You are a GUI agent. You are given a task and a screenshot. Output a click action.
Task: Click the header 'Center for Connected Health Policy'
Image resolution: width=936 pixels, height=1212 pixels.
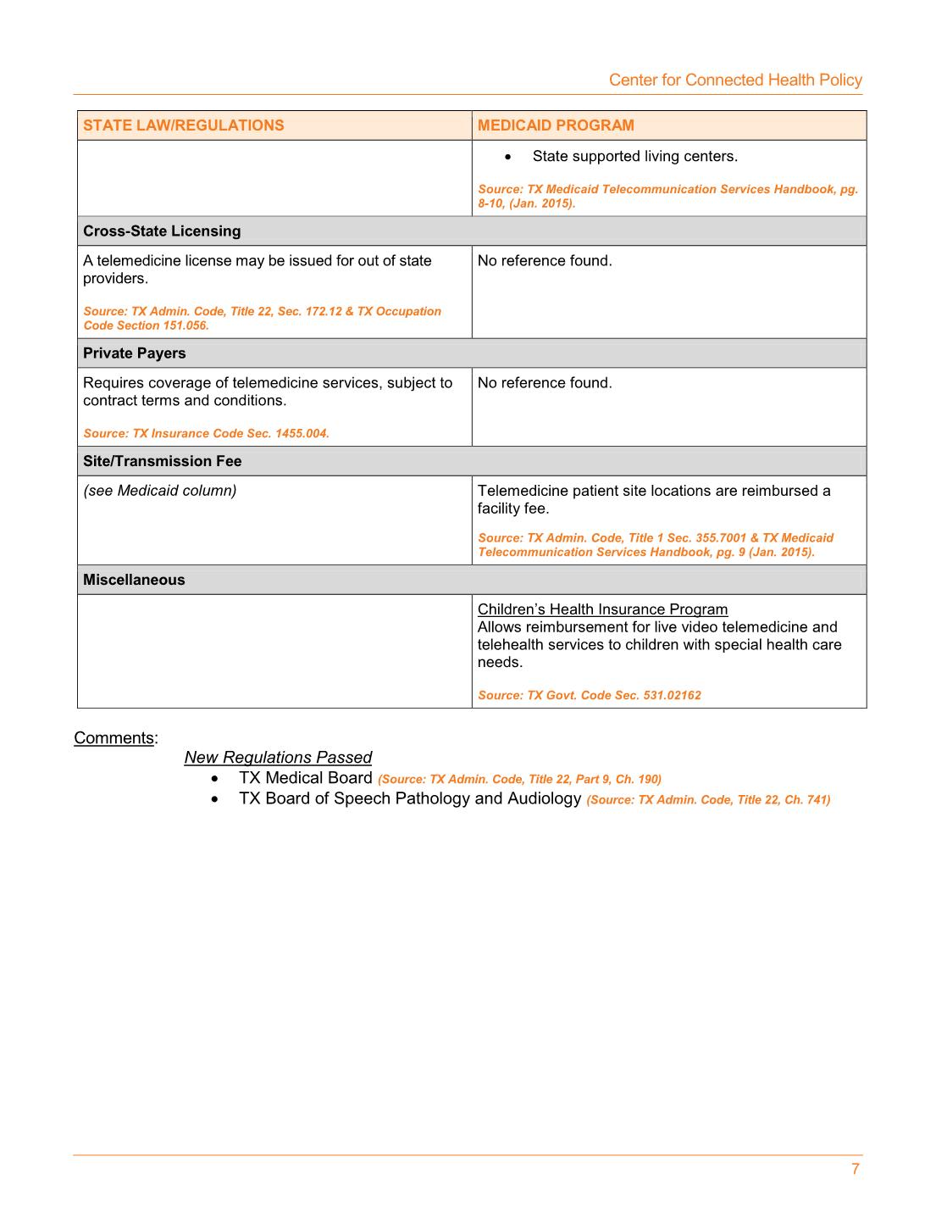735,80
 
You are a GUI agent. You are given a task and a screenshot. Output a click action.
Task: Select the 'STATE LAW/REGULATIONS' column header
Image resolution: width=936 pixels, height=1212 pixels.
183,125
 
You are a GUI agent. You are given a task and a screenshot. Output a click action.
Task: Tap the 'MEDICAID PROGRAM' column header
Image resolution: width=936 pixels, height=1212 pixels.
556,125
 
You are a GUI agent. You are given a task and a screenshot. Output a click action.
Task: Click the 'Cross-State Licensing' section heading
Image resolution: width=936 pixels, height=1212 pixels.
162,231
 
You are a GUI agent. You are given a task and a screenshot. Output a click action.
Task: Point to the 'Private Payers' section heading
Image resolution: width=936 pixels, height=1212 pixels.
134,353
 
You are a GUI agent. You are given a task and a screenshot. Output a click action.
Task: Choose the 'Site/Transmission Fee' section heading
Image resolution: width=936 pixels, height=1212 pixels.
162,461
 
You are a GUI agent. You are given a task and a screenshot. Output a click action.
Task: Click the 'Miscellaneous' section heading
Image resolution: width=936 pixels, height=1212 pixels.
134,580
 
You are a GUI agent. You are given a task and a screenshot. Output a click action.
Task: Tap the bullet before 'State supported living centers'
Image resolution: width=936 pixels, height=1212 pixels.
507,157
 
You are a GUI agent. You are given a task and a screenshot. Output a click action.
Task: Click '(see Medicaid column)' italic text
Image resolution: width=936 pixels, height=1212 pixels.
160,491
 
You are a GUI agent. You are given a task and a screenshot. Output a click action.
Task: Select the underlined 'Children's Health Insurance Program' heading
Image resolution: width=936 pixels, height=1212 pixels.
602,609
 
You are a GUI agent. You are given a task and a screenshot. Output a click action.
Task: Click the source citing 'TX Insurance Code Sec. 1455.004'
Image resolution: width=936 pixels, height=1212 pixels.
206,433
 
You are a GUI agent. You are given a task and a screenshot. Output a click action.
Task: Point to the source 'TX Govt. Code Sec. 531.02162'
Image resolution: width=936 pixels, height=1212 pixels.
590,695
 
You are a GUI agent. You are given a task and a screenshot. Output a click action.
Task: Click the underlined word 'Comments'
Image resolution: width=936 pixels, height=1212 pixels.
114,737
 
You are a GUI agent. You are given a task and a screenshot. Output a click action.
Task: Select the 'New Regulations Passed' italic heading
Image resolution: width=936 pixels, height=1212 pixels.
278,758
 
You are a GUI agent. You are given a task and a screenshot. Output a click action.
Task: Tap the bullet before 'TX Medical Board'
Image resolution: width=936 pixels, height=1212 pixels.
216,779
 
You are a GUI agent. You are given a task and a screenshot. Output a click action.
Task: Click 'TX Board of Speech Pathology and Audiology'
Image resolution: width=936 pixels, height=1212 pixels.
410,798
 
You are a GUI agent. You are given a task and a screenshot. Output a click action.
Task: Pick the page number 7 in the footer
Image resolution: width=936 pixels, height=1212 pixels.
856,1170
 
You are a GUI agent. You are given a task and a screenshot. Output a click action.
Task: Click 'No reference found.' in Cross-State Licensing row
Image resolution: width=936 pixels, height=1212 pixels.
545,261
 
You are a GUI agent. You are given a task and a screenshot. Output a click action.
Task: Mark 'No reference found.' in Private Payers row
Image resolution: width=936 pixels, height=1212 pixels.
545,383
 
